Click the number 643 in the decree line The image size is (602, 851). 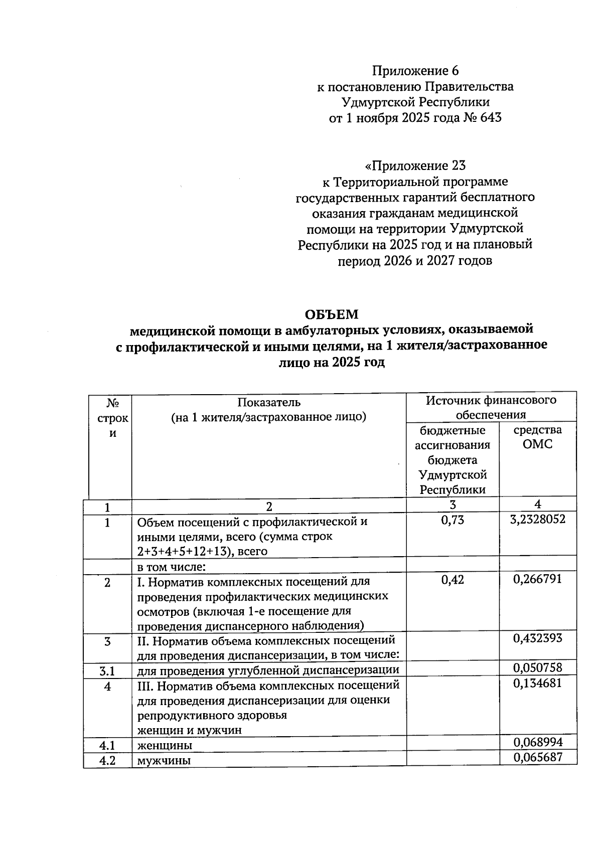(x=490, y=118)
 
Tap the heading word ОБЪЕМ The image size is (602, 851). (x=332, y=314)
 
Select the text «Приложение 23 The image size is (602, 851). (x=415, y=165)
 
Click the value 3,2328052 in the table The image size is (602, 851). (x=537, y=520)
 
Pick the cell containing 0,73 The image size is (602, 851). (x=453, y=520)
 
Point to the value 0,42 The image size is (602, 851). (x=453, y=580)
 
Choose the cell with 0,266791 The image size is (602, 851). (x=537, y=579)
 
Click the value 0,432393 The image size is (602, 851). (x=537, y=638)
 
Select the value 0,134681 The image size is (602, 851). (x=537, y=683)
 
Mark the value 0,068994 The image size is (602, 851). (x=537, y=742)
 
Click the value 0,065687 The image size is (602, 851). (x=537, y=757)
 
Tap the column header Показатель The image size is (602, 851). (x=269, y=402)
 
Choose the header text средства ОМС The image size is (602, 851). (x=537, y=437)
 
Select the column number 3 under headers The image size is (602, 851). (x=453, y=504)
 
